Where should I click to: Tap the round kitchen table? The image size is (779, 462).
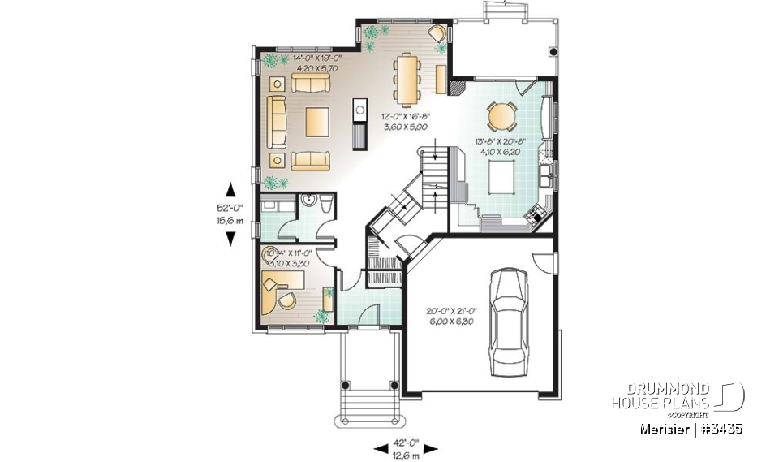[501, 116]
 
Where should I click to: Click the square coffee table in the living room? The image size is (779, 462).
[317, 122]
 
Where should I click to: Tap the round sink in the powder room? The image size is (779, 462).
[308, 201]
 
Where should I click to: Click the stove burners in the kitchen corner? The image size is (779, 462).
[536, 215]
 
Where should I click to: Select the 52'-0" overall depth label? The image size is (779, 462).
[231, 214]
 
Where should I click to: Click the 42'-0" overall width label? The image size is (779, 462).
[405, 447]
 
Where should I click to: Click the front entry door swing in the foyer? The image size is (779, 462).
[369, 313]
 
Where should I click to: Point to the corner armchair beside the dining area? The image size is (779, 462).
[437, 35]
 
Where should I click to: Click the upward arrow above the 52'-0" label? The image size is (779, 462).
[230, 189]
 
